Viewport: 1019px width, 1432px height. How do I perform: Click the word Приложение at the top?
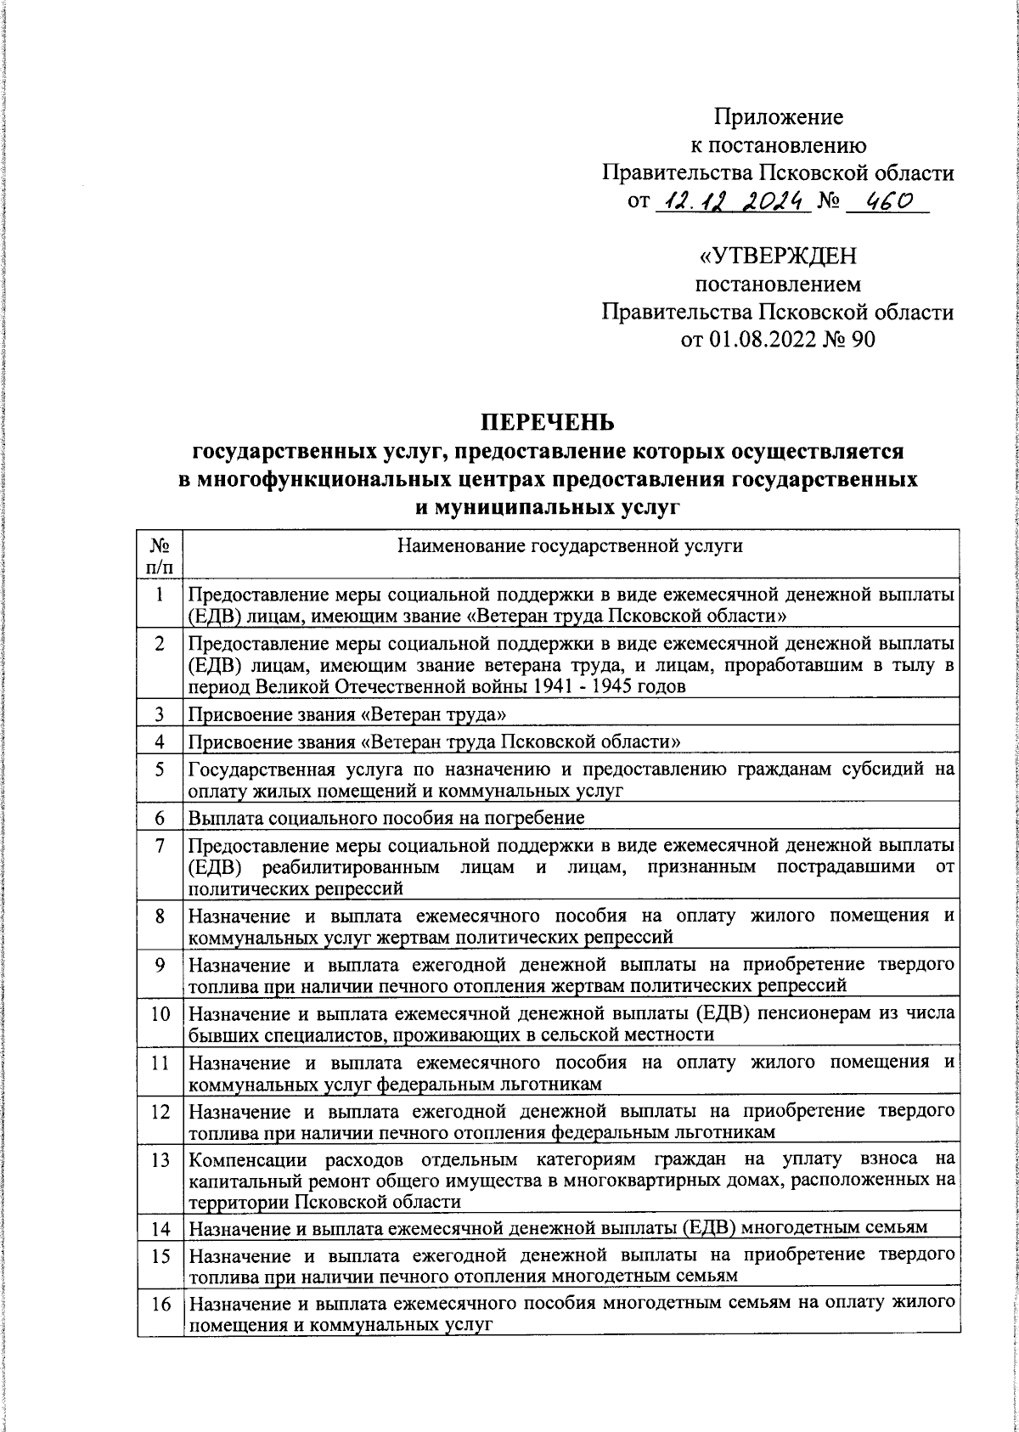(778, 116)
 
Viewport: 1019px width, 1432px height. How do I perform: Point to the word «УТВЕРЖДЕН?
(778, 256)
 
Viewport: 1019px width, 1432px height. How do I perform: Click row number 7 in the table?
(160, 846)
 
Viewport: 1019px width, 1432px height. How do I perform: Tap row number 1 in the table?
(160, 595)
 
